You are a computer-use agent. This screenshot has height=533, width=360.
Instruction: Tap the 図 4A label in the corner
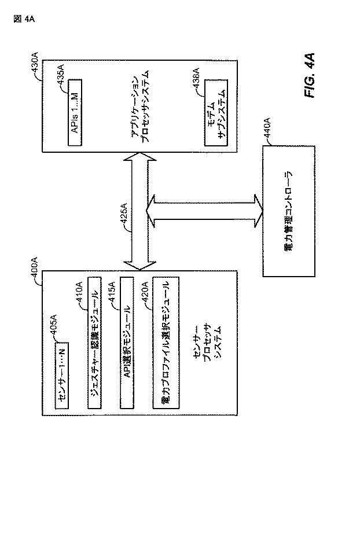[x=23, y=19]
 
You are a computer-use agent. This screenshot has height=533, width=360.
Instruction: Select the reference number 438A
[x=196, y=79]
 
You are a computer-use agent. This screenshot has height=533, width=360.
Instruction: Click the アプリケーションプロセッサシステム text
[x=140, y=109]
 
